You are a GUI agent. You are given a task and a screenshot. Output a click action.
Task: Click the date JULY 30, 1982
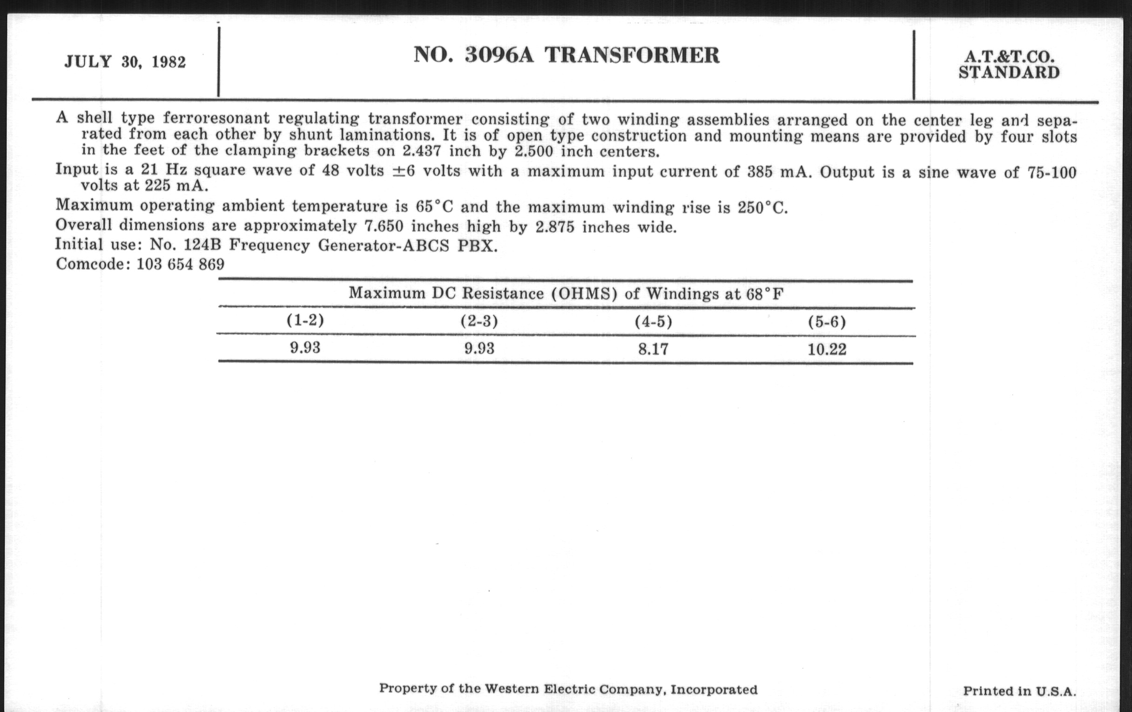(x=125, y=62)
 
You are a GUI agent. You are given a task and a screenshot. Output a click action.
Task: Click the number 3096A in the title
(x=499, y=55)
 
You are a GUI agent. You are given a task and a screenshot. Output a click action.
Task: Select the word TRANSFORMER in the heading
(x=632, y=55)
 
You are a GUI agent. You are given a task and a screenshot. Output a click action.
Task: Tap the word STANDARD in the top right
(x=1009, y=73)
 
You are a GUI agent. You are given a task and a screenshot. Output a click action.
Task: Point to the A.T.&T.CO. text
(x=1009, y=57)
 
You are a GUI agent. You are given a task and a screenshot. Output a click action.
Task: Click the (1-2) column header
(x=305, y=321)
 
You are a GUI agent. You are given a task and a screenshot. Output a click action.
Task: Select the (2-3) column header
(x=479, y=322)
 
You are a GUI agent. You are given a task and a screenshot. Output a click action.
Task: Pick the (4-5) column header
(x=653, y=322)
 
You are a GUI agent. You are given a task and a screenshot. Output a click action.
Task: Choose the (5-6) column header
(x=827, y=322)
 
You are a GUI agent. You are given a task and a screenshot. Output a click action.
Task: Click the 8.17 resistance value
(x=653, y=349)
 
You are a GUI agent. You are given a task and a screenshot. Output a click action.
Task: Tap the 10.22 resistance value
(x=827, y=349)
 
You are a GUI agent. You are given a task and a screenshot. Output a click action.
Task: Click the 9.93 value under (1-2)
(x=305, y=348)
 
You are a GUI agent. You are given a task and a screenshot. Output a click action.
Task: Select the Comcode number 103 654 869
(x=181, y=265)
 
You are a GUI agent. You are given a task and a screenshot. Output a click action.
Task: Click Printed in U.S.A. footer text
(x=1019, y=692)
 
